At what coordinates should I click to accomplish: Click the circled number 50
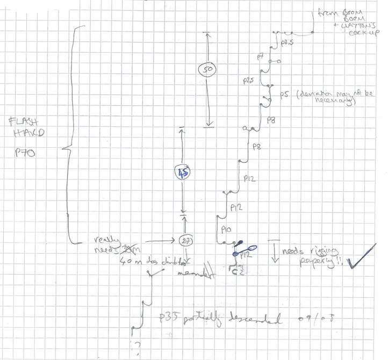tap(206, 70)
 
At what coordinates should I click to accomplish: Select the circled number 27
tap(185, 241)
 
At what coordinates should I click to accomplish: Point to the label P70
tap(25, 152)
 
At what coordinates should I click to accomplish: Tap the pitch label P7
tap(260, 56)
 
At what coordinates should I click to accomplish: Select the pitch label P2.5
tap(249, 81)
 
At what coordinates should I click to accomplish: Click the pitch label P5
tap(284, 95)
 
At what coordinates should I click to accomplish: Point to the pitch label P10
tap(226, 229)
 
